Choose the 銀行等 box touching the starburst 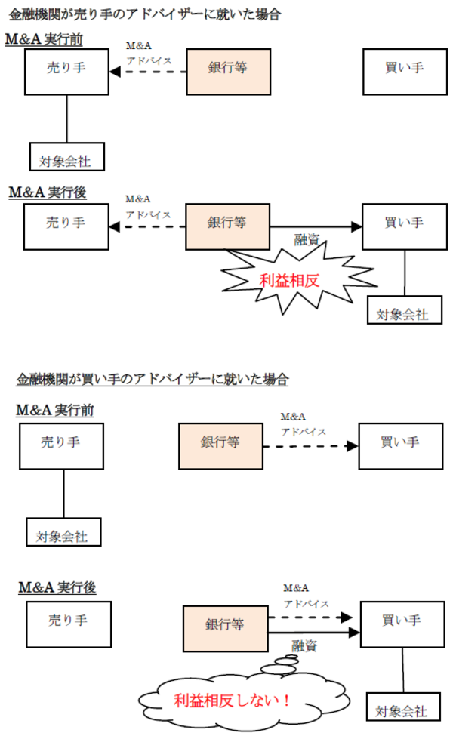point(227,223)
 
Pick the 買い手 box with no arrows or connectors point(404,68)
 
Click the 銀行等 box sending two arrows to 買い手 point(224,626)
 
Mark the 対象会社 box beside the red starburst point(402,312)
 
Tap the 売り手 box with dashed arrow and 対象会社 point(66,68)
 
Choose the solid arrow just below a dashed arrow point(313,631)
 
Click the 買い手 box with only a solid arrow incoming point(403,223)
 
